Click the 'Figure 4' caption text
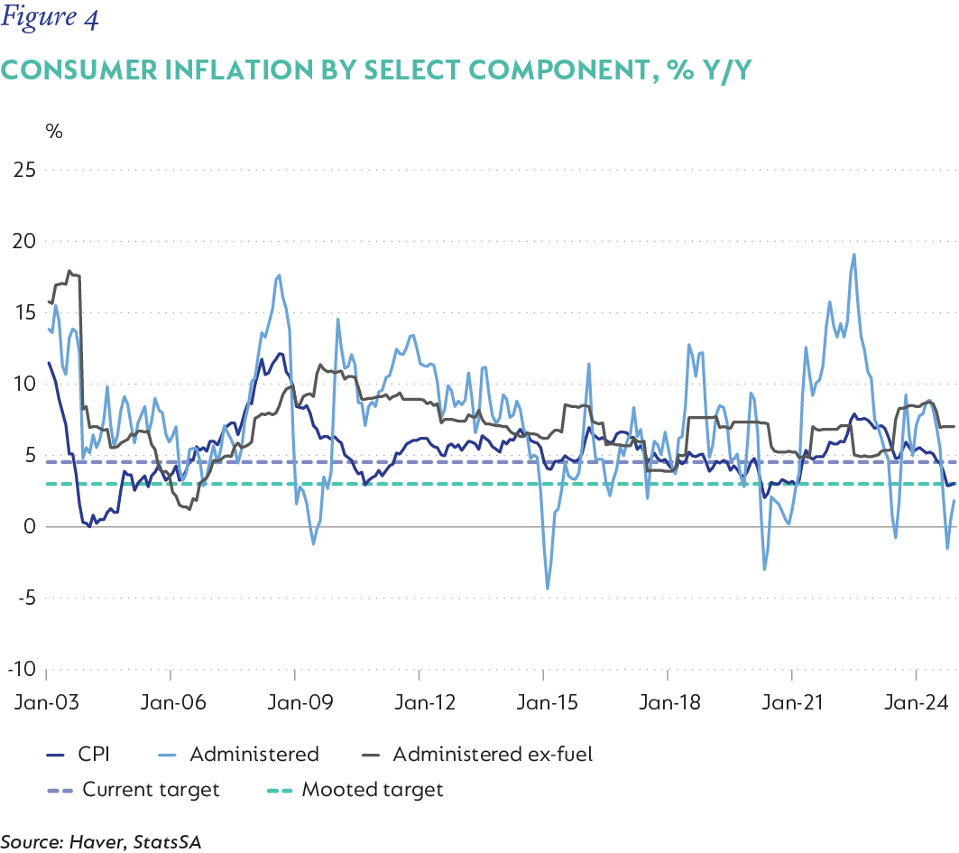tap(52, 18)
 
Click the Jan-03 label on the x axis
tap(46, 700)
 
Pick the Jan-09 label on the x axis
tap(296, 700)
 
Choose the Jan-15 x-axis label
tap(543, 700)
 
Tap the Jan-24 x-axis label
tap(917, 700)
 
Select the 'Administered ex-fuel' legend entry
tap(493, 754)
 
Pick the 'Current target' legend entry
tap(151, 790)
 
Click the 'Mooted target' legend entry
tap(372, 790)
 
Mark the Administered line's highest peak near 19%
tap(853, 255)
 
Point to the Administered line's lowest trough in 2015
tap(548, 589)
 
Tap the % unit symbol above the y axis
tap(54, 131)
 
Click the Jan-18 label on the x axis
tap(668, 700)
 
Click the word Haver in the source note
tap(98, 841)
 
